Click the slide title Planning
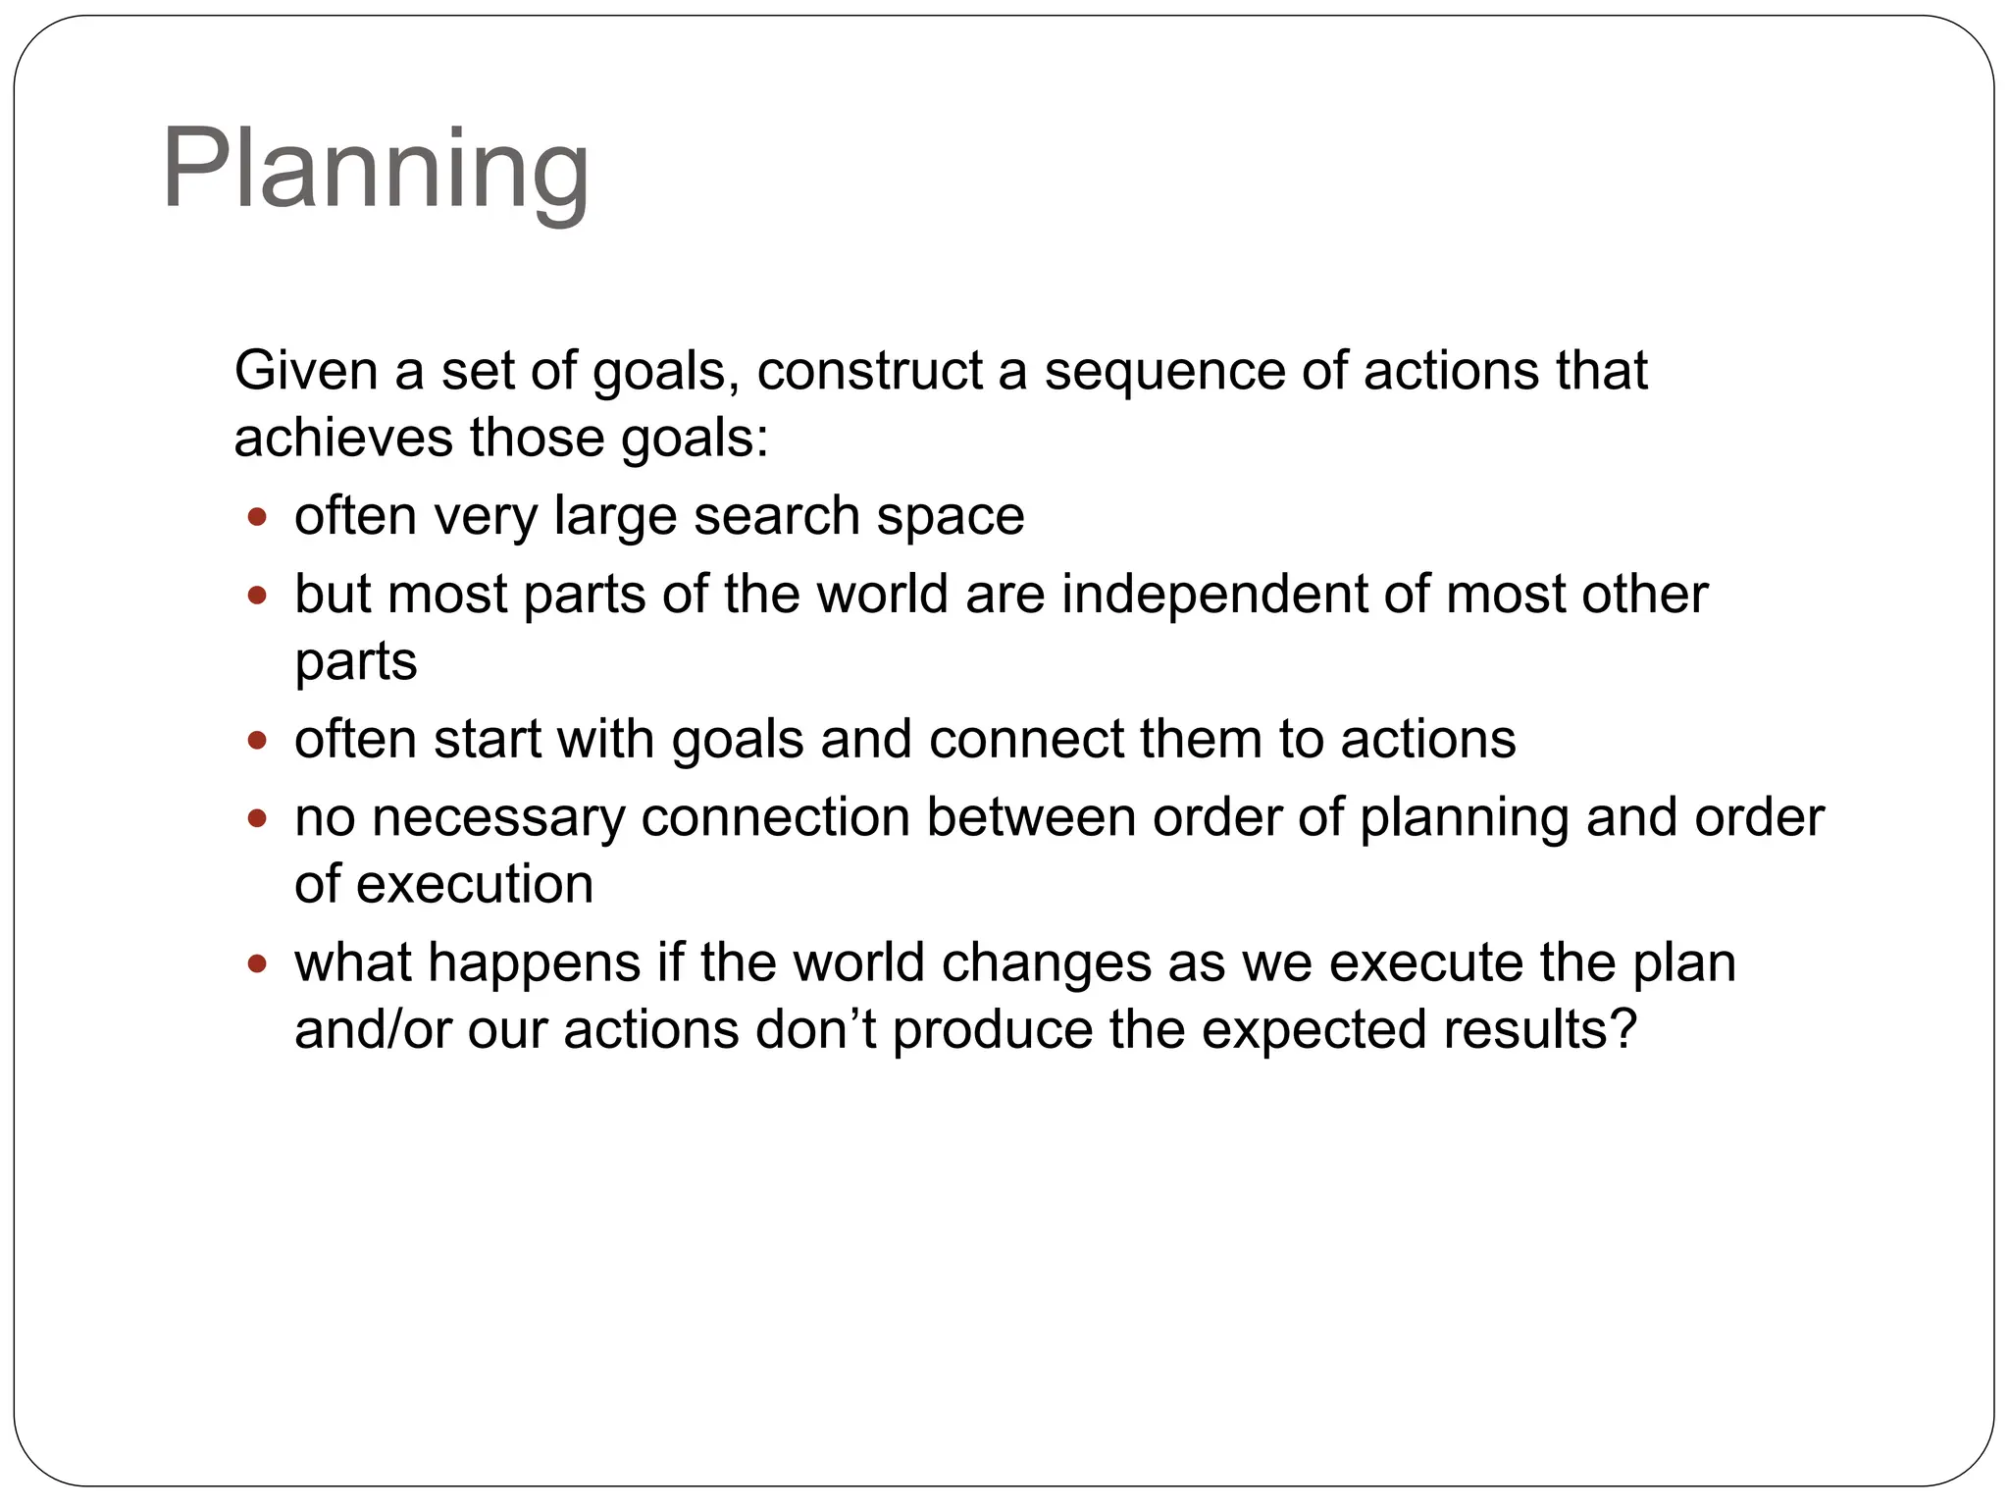(375, 169)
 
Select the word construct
(868, 371)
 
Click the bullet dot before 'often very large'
(257, 517)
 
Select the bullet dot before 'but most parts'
(257, 595)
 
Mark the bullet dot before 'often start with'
(257, 740)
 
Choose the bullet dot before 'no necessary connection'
(257, 817)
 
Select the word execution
(475, 884)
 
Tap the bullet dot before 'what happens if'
(257, 963)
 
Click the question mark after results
(1624, 1029)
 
